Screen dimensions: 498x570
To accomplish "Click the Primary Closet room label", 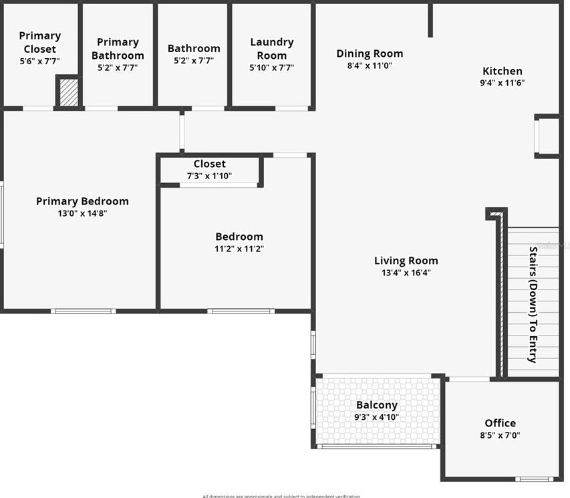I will click(x=39, y=42).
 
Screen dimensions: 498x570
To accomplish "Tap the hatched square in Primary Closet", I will click(x=67, y=92).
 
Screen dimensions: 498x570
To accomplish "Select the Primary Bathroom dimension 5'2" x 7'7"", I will click(x=118, y=68).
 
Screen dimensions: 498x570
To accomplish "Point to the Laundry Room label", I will click(x=271, y=49).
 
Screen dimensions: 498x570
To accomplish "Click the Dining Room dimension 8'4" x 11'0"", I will click(x=370, y=66).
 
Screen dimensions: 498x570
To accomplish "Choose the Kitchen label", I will click(x=503, y=71).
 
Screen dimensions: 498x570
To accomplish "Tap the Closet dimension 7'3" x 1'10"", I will click(x=210, y=176).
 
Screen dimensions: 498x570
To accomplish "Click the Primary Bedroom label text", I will click(x=82, y=201).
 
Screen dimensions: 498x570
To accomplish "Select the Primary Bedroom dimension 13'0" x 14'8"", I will click(x=82, y=214).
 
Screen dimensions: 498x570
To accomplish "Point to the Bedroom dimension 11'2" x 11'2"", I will click(x=239, y=249).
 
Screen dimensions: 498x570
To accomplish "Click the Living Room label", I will click(x=406, y=261).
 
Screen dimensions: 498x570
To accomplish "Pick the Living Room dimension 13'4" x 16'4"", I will click(x=406, y=273).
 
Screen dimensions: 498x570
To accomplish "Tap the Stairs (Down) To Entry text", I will click(x=533, y=305).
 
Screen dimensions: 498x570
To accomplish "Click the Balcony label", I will click(x=377, y=405).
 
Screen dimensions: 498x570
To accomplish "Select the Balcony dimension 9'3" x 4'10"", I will click(x=377, y=417).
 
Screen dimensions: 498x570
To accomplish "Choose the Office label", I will click(x=500, y=423).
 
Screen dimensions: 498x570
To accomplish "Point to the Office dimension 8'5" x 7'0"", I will click(x=500, y=435).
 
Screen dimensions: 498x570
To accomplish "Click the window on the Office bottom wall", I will click(x=535, y=479).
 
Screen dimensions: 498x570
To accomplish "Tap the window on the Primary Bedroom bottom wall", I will click(x=84, y=311).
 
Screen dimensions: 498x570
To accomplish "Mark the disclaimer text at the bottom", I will click(x=281, y=496).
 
